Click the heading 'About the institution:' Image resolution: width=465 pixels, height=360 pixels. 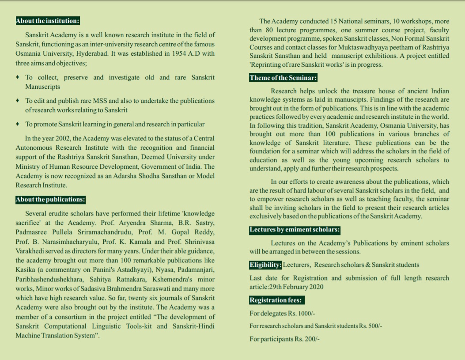(x=47, y=21)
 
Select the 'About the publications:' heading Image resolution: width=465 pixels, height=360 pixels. (x=50, y=200)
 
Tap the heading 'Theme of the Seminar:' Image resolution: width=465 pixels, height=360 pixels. (x=283, y=78)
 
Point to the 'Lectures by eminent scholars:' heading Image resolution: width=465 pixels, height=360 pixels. (x=295, y=230)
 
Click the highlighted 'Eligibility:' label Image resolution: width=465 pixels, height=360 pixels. (x=265, y=265)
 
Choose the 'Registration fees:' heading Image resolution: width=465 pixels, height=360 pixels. (x=276, y=300)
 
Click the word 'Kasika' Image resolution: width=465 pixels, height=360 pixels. (x=26, y=270)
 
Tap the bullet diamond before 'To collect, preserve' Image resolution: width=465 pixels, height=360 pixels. (x=17, y=78)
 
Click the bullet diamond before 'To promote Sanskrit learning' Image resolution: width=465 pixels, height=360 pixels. (x=17, y=124)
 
